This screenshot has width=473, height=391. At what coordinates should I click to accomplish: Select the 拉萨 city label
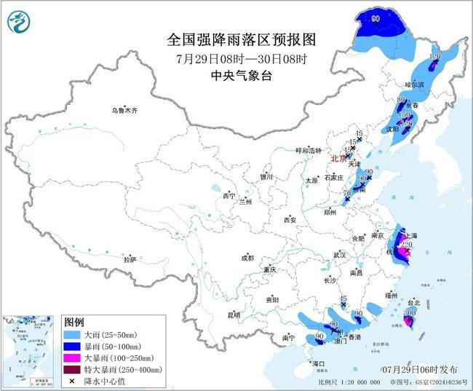coord(130,258)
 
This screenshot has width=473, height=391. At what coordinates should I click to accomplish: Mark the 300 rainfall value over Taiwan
coord(410,312)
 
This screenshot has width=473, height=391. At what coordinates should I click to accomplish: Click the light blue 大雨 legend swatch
coord(73,333)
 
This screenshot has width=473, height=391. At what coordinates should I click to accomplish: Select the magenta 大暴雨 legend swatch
coord(73,358)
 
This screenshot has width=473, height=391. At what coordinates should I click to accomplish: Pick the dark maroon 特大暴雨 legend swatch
coord(73,369)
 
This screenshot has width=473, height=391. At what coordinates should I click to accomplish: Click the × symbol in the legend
coord(73,381)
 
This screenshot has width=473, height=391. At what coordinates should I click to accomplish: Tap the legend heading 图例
coord(74,321)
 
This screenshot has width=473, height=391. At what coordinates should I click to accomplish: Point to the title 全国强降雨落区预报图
coord(236,39)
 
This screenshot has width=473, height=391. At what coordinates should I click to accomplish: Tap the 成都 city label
coord(247,258)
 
